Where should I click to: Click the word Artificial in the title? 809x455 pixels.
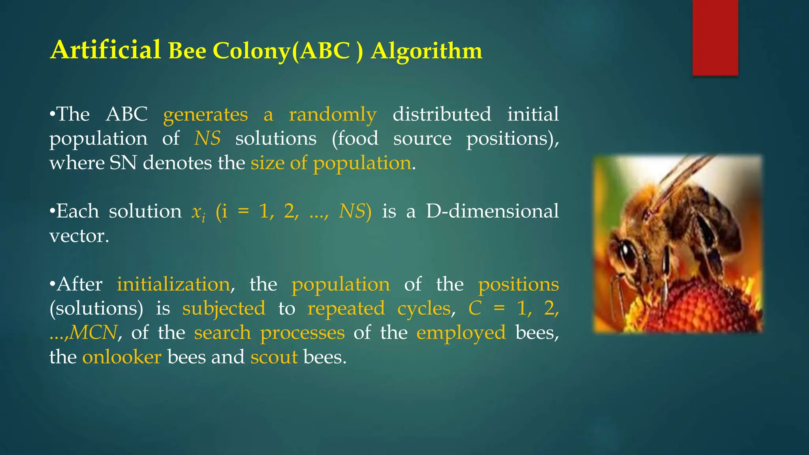click(105, 50)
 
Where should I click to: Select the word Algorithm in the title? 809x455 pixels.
click(426, 51)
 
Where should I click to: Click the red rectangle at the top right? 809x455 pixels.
click(715, 38)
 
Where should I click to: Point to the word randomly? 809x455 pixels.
click(333, 115)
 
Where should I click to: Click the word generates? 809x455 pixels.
click(205, 115)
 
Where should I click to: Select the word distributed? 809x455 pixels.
click(442, 114)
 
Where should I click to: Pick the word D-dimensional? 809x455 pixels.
click(492, 211)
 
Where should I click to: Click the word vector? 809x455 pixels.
click(79, 236)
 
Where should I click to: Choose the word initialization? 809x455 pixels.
click(173, 284)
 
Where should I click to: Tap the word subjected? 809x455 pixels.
click(224, 309)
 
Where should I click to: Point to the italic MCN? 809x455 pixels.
click(94, 333)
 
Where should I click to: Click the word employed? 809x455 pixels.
click(461, 333)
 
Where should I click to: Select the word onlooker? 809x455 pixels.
click(122, 357)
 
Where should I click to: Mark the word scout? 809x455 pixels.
click(274, 357)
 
